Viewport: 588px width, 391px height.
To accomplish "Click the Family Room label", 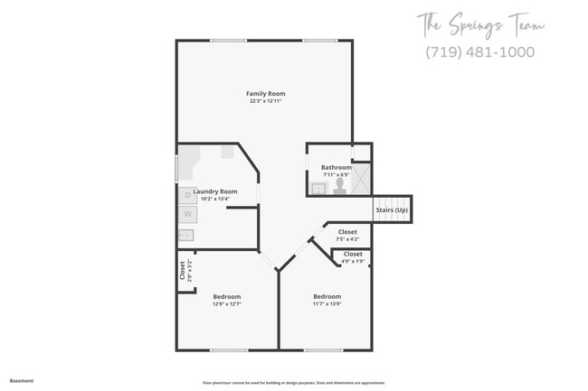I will pos(266,94).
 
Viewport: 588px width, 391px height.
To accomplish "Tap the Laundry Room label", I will pos(215,191).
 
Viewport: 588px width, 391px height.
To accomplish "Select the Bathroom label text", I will pos(337,167).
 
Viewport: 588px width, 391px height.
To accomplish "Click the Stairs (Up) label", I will pos(392,210).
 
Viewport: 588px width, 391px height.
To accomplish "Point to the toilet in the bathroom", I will pos(340,186).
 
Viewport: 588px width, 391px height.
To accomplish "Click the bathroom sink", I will pos(318,188).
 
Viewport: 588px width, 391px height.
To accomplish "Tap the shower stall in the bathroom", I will pos(361,179).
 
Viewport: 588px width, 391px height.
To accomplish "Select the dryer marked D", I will pos(187,194).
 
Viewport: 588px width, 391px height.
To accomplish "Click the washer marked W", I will pos(187,214).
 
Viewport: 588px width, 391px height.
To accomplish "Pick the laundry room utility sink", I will pos(186,236).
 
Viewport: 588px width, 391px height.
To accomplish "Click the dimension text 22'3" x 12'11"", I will pos(266,101).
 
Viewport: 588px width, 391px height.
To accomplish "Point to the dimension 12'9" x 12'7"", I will pos(227,304).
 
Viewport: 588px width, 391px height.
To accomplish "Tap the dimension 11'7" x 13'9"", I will pos(327,304).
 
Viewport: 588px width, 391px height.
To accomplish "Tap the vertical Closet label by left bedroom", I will pos(183,269).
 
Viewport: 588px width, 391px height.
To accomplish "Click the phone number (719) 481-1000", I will pos(479,51).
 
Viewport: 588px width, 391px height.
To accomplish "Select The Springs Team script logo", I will pos(480,24).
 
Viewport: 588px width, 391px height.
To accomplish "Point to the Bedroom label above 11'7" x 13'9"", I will pos(327,296).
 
